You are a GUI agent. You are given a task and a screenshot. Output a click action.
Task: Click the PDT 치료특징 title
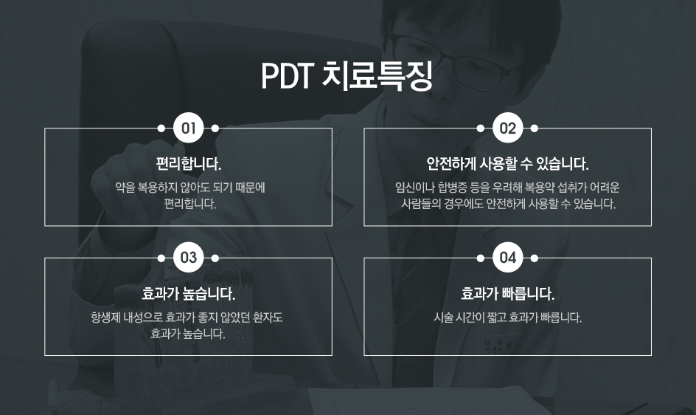[347, 75]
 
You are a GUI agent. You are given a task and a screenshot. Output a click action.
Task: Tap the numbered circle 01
[188, 128]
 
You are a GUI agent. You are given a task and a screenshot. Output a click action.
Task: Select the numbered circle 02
[507, 128]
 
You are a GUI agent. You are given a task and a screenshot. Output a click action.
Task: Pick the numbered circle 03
[188, 258]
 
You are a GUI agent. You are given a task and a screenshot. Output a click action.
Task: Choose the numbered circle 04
[507, 258]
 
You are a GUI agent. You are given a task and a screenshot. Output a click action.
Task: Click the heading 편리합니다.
[188, 164]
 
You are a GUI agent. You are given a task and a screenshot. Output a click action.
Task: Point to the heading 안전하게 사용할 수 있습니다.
[507, 164]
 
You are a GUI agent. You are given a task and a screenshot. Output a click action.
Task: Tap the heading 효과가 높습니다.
[188, 294]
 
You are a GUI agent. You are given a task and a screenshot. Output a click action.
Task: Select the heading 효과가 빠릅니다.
[507, 294]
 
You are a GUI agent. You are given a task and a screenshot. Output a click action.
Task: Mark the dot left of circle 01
[161, 128]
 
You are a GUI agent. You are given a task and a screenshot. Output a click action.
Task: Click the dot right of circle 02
[535, 128]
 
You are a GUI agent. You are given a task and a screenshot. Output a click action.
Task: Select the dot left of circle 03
[161, 258]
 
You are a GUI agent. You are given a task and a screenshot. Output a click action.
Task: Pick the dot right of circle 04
[535, 258]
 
